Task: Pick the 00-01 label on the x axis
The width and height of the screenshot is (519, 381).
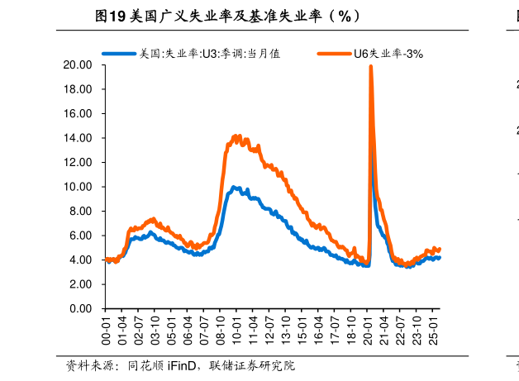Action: coord(106,330)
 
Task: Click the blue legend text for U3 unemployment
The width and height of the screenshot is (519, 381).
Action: coord(210,54)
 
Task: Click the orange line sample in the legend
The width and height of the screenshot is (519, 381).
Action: coord(335,54)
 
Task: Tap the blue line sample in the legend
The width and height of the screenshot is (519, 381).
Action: coord(119,54)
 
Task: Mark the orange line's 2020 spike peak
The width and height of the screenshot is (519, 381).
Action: coord(370,67)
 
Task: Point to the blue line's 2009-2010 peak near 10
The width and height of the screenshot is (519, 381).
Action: coord(235,188)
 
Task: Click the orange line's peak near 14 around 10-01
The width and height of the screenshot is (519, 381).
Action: coord(238,136)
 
